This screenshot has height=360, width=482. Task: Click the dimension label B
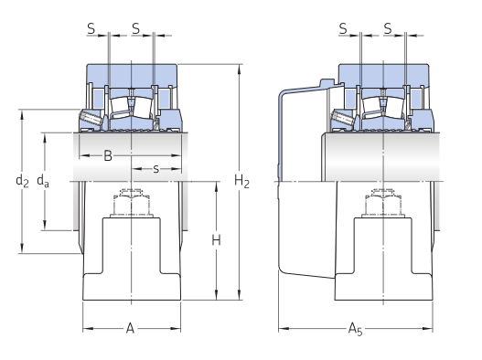click(108, 155)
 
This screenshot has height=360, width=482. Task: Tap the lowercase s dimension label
click(156, 169)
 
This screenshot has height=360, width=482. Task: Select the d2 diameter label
click(22, 181)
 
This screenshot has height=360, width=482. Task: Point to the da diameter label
click(43, 181)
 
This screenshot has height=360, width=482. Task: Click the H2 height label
click(241, 181)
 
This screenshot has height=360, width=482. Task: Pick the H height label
click(216, 240)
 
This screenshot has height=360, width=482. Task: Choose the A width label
click(131, 328)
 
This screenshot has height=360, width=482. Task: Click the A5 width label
click(356, 329)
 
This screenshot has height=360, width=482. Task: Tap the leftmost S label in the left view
click(91, 28)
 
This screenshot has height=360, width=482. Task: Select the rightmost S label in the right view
click(388, 28)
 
